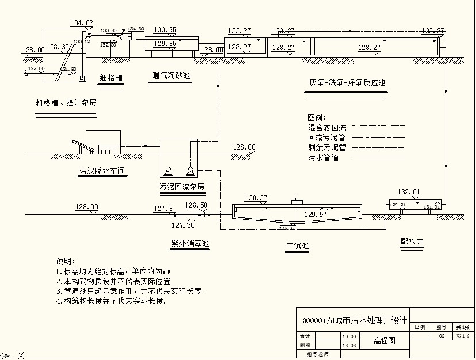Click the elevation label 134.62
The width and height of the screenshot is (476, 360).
(x=82, y=23)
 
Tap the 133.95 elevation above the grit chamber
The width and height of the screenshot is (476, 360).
(x=165, y=30)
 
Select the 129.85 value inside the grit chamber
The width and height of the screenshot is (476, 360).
(x=165, y=43)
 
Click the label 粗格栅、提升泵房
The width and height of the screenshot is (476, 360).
(x=66, y=104)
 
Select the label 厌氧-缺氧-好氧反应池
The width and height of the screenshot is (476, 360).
(x=347, y=82)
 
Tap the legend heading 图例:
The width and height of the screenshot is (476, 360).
(x=317, y=117)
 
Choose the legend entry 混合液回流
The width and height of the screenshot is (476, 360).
(x=327, y=127)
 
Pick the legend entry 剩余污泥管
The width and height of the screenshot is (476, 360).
(x=327, y=147)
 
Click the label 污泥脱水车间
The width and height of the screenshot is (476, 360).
(x=102, y=171)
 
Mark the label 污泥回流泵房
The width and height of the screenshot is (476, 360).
(x=182, y=186)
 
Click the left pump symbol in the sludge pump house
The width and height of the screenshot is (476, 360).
(x=168, y=171)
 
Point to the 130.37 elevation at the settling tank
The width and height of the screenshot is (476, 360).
(x=256, y=198)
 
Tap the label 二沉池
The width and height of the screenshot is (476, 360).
(x=298, y=246)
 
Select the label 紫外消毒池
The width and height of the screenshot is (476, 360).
(x=190, y=243)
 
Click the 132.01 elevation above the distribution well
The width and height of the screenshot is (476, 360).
(x=408, y=192)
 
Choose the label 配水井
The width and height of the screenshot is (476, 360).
(x=412, y=241)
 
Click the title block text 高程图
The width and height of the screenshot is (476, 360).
(x=385, y=340)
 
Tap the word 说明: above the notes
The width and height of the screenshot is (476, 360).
(x=66, y=261)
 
